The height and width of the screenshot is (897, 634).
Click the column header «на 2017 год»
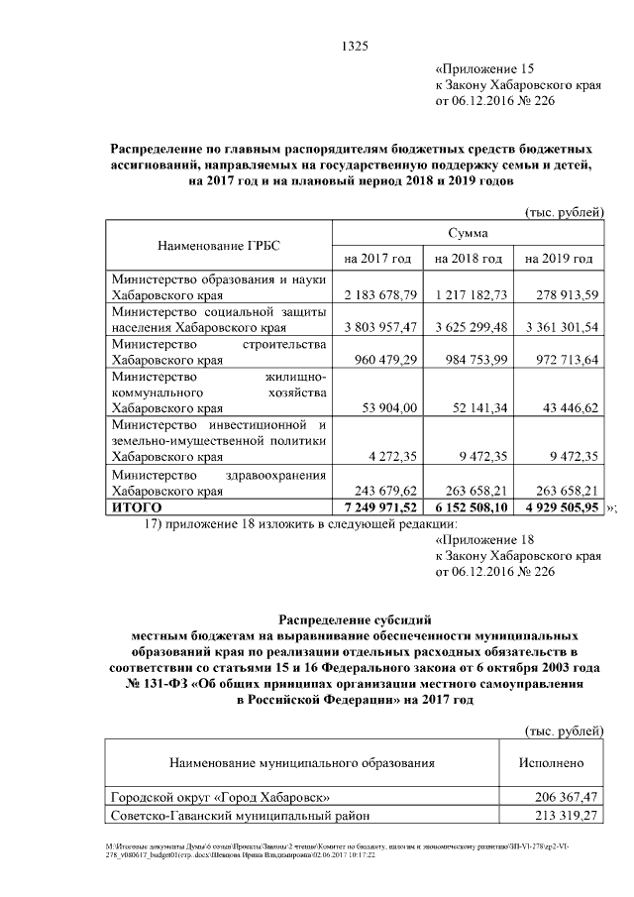click(376, 259)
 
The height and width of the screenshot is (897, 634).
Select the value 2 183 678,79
click(377, 295)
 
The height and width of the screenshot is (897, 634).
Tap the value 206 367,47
click(552, 797)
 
